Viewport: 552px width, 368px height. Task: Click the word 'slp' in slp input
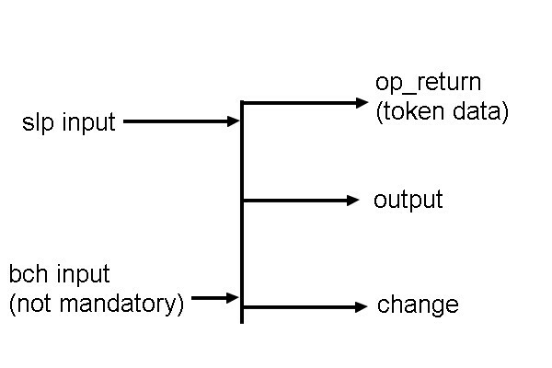[x=39, y=122]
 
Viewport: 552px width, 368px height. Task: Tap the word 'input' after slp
[x=89, y=122]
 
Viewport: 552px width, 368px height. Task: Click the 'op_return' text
[x=428, y=82]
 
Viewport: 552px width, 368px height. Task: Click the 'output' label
[x=408, y=200]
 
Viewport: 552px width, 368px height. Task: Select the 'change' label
[x=417, y=305]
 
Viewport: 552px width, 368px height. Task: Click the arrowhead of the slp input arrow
[x=234, y=121]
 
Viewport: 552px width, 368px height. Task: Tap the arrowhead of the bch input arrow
[x=233, y=297]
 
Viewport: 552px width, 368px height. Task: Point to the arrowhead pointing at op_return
[x=362, y=102]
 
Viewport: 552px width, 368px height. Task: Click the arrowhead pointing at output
[x=354, y=200]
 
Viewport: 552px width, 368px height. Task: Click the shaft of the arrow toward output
[x=294, y=200]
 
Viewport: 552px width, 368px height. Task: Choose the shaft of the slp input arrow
[x=175, y=121]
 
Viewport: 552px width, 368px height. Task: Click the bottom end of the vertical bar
[x=242, y=320]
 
